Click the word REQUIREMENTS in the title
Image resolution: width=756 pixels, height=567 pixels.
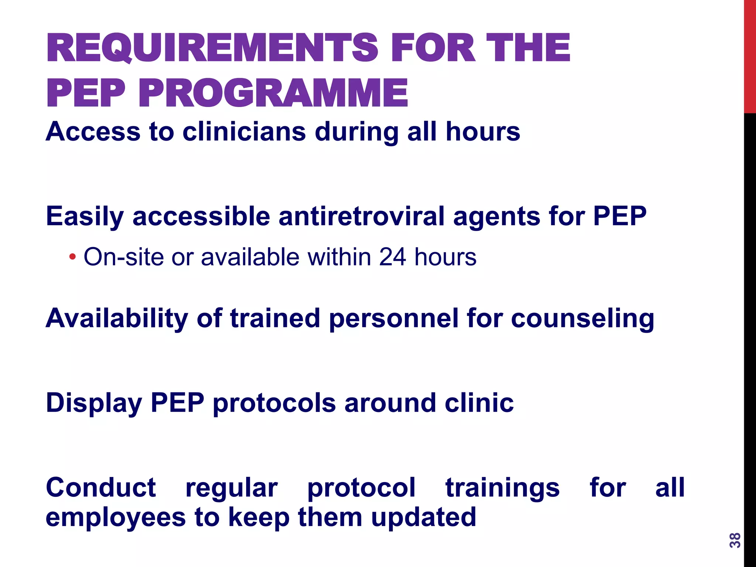(x=212, y=48)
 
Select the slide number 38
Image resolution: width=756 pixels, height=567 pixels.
(x=735, y=540)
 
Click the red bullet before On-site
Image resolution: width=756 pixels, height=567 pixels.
(x=72, y=257)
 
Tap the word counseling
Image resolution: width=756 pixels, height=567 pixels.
(x=582, y=318)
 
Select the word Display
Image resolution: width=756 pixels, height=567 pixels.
(x=94, y=403)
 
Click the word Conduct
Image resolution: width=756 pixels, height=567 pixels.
(x=101, y=488)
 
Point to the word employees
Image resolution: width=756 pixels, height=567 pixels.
(x=116, y=517)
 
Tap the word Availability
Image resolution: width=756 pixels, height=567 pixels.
(x=117, y=319)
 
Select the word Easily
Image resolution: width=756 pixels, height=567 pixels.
(x=85, y=217)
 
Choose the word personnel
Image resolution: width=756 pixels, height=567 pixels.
(x=393, y=319)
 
